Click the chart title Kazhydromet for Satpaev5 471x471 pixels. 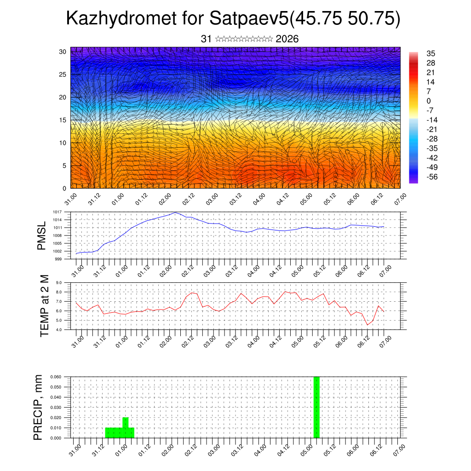click(x=233, y=18)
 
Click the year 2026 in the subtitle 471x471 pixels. click(x=287, y=39)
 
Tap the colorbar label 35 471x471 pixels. click(x=431, y=53)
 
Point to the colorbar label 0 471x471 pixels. click(x=429, y=101)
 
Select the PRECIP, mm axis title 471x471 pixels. click(x=39, y=407)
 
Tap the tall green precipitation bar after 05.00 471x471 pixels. click(x=316, y=407)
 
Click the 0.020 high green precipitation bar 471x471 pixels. click(x=126, y=422)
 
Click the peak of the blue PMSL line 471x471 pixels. click(x=175, y=213)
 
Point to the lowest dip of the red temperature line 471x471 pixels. click(x=367, y=325)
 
